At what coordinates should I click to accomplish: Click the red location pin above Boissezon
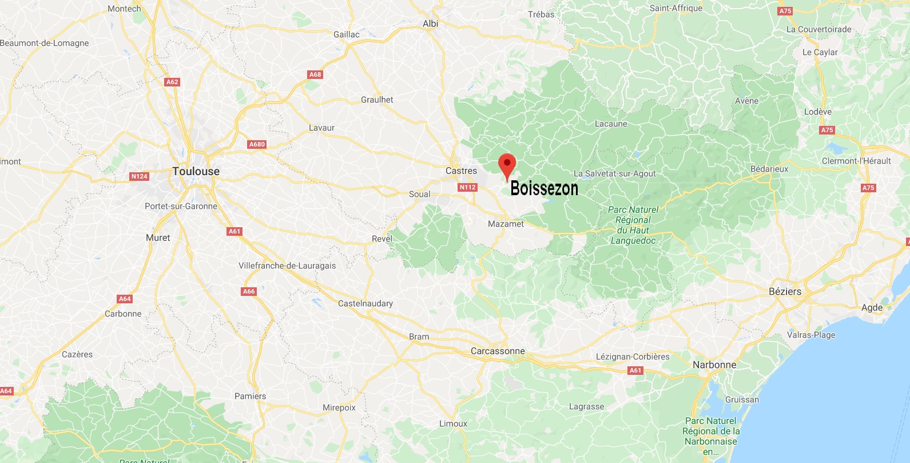point(507,165)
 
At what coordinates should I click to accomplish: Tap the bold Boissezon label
point(544,188)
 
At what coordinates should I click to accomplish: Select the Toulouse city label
point(196,172)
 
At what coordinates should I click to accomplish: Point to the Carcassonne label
point(497,351)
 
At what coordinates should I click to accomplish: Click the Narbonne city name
point(714,365)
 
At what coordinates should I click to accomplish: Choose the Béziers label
point(785,291)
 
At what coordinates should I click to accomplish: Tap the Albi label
point(430,23)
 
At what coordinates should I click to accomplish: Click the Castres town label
point(461,171)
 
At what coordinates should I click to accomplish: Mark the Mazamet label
point(506,224)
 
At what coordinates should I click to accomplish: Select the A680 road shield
point(257,144)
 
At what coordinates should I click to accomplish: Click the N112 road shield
point(467,187)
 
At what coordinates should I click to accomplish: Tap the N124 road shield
point(140,176)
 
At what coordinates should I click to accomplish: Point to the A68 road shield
point(315,74)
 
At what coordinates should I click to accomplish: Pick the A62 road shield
point(172,82)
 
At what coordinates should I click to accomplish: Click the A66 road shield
point(249,291)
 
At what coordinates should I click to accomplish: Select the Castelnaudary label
point(365,303)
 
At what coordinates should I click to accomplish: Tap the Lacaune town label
point(611,124)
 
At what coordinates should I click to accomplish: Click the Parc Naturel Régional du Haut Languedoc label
point(633,225)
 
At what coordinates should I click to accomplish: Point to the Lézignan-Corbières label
point(633,357)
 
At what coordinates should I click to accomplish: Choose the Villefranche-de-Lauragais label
point(287,266)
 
